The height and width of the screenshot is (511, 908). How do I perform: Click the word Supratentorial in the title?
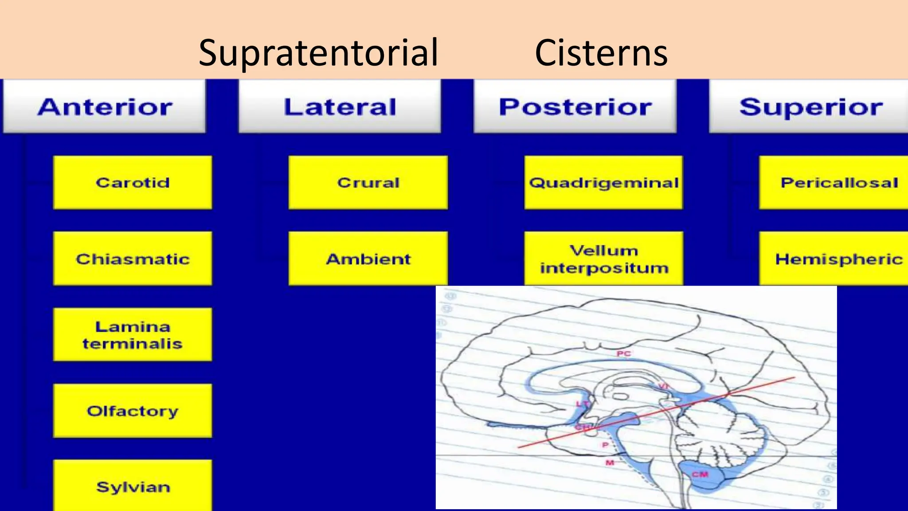tap(318, 53)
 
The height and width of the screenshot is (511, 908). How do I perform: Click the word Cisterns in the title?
tap(601, 53)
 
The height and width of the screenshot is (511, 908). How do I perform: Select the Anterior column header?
tap(105, 107)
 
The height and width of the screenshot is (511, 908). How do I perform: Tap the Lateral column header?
tap(340, 107)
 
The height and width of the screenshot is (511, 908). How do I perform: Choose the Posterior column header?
tap(575, 107)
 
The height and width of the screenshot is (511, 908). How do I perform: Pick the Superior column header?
tap(810, 107)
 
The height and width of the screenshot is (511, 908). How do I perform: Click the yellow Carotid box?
tap(133, 182)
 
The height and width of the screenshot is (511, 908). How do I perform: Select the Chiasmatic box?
tap(133, 259)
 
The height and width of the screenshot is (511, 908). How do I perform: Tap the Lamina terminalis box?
tap(133, 335)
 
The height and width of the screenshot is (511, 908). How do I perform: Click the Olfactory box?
tap(133, 411)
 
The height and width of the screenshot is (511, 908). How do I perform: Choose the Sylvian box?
tap(133, 486)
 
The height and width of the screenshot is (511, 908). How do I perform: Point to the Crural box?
tap(368, 182)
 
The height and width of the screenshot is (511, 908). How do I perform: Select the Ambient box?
tap(368, 259)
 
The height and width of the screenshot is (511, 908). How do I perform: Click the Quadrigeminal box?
tap(603, 182)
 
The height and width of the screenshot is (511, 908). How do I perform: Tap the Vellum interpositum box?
tap(603, 259)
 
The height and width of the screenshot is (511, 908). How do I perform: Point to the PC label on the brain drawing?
tap(623, 354)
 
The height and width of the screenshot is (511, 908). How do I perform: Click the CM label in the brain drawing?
tap(700, 474)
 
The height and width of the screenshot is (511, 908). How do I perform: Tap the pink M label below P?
tap(610, 463)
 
